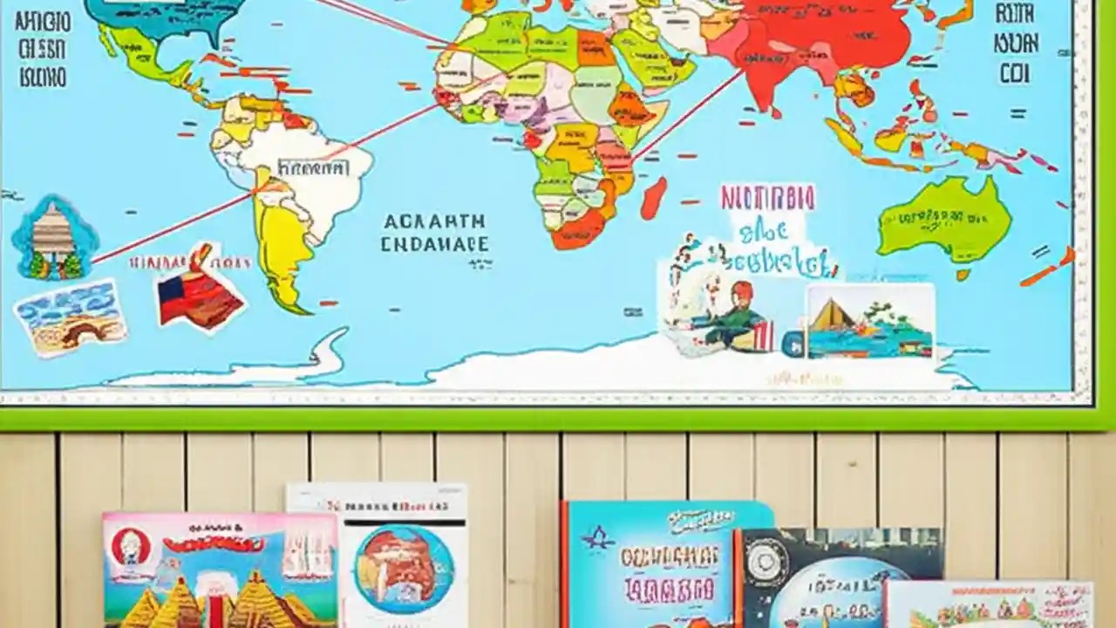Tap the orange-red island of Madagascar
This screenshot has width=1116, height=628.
click(x=653, y=198)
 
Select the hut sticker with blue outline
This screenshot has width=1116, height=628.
click(x=54, y=236)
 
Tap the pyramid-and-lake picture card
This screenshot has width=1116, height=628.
click(x=869, y=320)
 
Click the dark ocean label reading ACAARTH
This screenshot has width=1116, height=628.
click(x=433, y=222)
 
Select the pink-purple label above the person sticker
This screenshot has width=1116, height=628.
click(x=767, y=197)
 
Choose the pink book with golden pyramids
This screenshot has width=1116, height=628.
click(x=220, y=571)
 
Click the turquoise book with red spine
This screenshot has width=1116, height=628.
click(x=650, y=563)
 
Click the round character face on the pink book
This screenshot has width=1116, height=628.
click(x=132, y=547)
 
